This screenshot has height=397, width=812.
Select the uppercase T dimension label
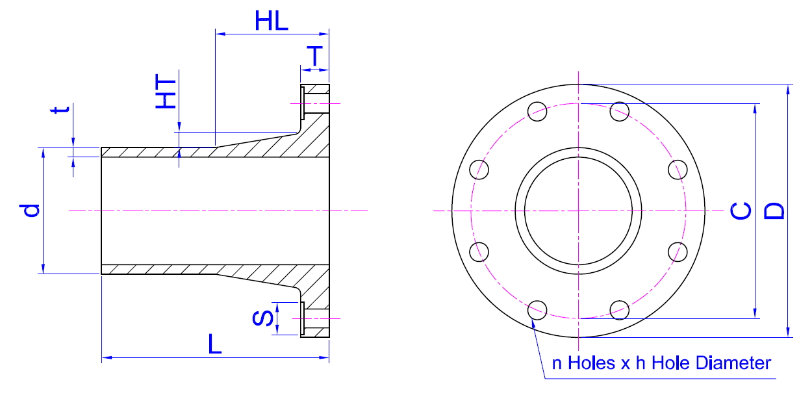(315, 57)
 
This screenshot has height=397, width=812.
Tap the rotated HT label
(166, 92)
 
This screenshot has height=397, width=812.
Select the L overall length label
(214, 344)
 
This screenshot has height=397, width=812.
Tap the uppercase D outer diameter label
(774, 211)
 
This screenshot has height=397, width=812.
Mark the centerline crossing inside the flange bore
(577, 211)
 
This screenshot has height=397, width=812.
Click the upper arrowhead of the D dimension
(788, 89)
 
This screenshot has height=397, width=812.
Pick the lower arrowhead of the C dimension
(755, 314)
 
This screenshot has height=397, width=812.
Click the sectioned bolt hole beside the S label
(314, 319)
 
